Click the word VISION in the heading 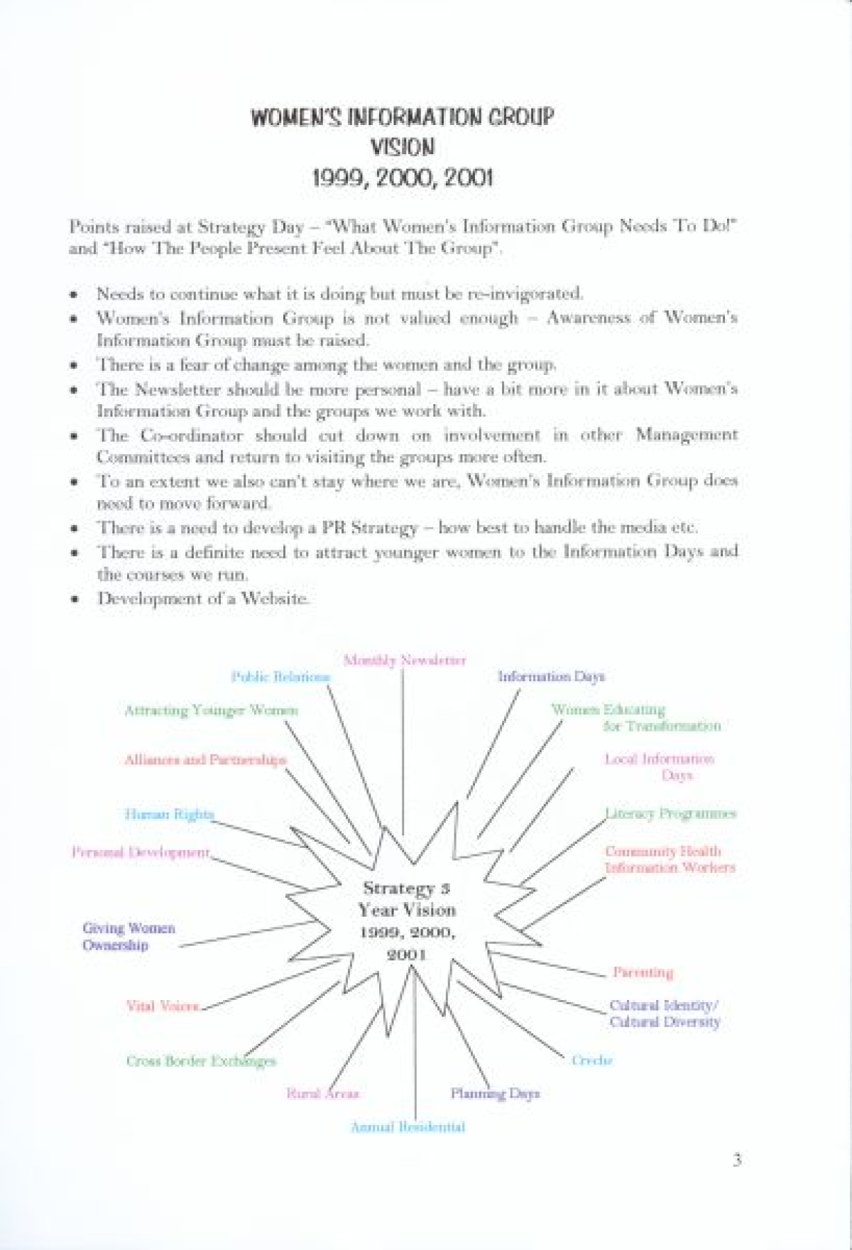(403, 147)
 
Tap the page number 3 (737, 1161)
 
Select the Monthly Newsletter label (405, 661)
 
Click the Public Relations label (281, 677)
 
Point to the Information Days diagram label (551, 677)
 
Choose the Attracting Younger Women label (211, 710)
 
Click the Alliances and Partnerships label (205, 760)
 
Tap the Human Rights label (169, 815)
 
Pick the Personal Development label (141, 852)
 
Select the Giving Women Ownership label (128, 937)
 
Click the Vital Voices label (163, 1006)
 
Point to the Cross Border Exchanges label (201, 1061)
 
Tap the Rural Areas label (323, 1094)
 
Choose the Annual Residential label (408, 1127)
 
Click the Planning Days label (495, 1094)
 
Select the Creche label (592, 1060)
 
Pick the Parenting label (643, 972)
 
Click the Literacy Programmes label (670, 814)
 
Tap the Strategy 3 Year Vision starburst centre (407, 920)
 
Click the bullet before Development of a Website (74, 599)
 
